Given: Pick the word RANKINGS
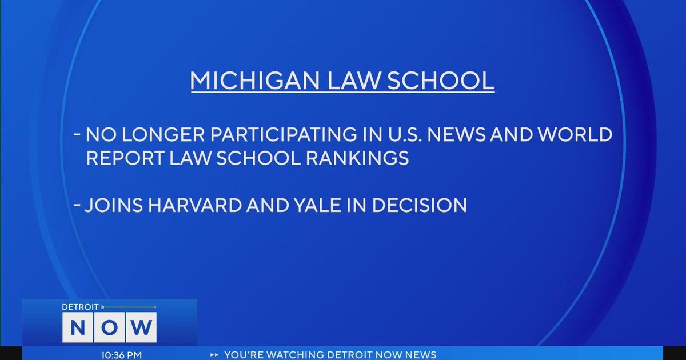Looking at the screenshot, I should tap(354, 158).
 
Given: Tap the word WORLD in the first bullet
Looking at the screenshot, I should tap(572, 135).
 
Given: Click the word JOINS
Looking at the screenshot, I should tap(110, 205).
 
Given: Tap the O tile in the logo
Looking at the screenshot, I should tap(109, 327).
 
